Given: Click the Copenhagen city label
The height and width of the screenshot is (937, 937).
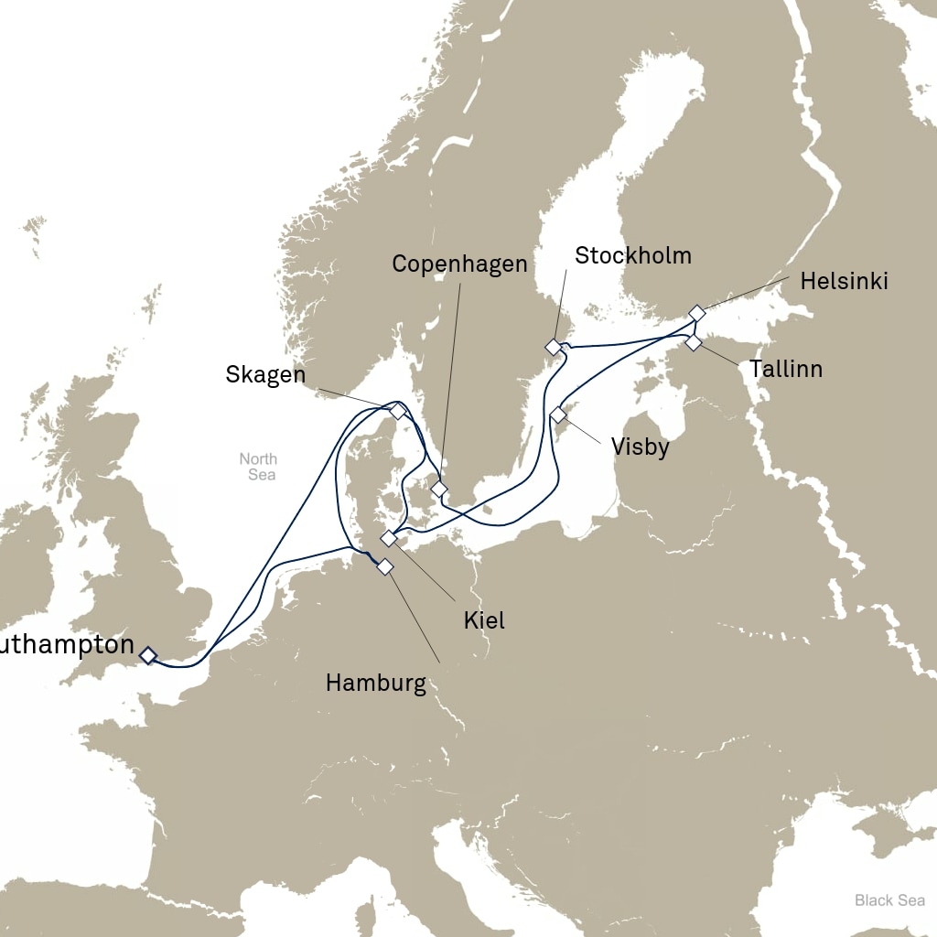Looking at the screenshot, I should pyautogui.click(x=459, y=264).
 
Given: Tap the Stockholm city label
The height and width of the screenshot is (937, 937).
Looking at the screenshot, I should pyautogui.click(x=632, y=255).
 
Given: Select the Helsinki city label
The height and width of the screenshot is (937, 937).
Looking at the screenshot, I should pyautogui.click(x=844, y=282).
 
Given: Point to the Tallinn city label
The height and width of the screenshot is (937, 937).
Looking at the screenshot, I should pyautogui.click(x=785, y=370).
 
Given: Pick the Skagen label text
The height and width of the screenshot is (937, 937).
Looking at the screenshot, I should pyautogui.click(x=264, y=375).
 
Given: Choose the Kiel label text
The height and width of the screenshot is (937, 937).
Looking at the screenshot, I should pyautogui.click(x=484, y=620).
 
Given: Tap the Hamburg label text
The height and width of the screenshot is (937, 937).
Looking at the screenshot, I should pyautogui.click(x=375, y=684).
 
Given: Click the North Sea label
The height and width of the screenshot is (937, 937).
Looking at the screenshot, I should pyautogui.click(x=258, y=467).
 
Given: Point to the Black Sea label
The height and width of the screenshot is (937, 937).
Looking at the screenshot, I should pyautogui.click(x=889, y=900).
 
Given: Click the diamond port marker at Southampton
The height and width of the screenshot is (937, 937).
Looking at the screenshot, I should pyautogui.click(x=147, y=654).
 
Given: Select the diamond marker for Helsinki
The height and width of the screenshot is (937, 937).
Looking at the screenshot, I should pyautogui.click(x=697, y=313).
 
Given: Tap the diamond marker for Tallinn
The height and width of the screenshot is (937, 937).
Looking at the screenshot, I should pyautogui.click(x=694, y=342).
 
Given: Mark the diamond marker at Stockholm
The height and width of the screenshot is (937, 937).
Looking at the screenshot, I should pyautogui.click(x=553, y=347).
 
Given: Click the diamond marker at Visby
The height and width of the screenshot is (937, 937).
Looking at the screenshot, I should pyautogui.click(x=558, y=415).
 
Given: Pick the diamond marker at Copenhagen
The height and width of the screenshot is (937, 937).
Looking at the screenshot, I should pyautogui.click(x=439, y=490).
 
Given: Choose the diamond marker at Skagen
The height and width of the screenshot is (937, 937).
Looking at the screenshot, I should pyautogui.click(x=397, y=412).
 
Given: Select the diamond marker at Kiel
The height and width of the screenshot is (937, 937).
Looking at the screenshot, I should pyautogui.click(x=389, y=538).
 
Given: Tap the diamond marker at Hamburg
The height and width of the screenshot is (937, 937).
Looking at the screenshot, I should pyautogui.click(x=385, y=567).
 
